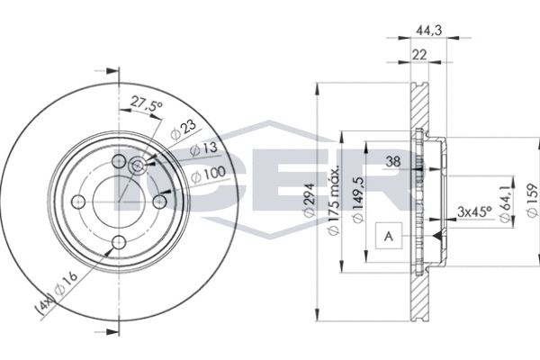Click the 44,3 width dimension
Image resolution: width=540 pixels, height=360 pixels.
pos(428,31)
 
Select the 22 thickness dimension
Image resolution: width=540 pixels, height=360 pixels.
pos(419,55)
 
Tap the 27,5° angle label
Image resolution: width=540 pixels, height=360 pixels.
pos(146,103)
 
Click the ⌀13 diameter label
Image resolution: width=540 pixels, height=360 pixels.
pos(204,148)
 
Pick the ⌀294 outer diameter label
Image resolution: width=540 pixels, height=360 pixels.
pos(309,200)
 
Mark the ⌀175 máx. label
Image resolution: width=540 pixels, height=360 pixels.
pos(334,200)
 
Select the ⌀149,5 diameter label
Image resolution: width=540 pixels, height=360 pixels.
pos(358,200)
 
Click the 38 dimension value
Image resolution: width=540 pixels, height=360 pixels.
pos(393,161)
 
